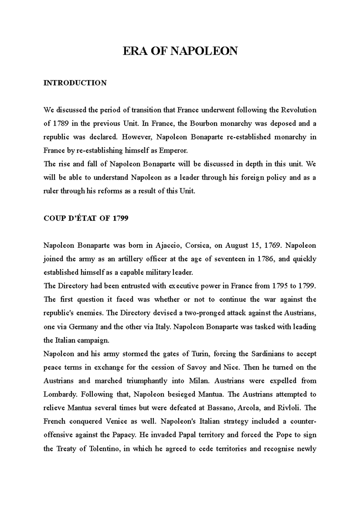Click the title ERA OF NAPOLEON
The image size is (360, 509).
click(x=180, y=51)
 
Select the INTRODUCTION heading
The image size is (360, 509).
click(x=75, y=83)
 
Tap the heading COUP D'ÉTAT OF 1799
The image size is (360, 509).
click(x=86, y=219)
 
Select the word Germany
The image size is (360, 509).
click(x=83, y=327)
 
